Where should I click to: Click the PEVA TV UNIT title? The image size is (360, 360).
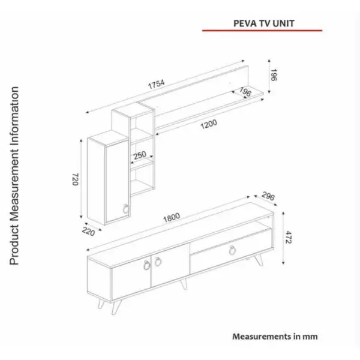point(264,23)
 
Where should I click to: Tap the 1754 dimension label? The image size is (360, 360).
point(157,84)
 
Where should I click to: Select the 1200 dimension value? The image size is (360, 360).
point(209,124)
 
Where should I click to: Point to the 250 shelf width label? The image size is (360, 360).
point(140,155)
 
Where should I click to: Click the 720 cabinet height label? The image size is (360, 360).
point(76,179)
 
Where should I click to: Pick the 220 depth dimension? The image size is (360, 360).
point(88,231)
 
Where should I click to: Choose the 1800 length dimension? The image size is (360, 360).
point(172,217)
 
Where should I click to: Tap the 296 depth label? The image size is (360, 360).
point(268,196)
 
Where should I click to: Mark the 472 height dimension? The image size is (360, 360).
point(289,237)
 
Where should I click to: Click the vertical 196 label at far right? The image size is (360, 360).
point(274,75)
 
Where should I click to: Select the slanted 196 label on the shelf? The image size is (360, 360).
point(245,92)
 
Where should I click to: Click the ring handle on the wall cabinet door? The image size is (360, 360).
point(126,208)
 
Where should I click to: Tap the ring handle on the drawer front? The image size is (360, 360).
point(232,250)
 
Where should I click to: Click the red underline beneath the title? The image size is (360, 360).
point(262,30)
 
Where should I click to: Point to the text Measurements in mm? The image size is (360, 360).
point(275,337)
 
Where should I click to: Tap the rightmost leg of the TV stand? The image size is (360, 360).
point(259,260)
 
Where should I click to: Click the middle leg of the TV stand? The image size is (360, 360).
point(184,284)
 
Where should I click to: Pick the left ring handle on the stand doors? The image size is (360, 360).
point(146,265)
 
